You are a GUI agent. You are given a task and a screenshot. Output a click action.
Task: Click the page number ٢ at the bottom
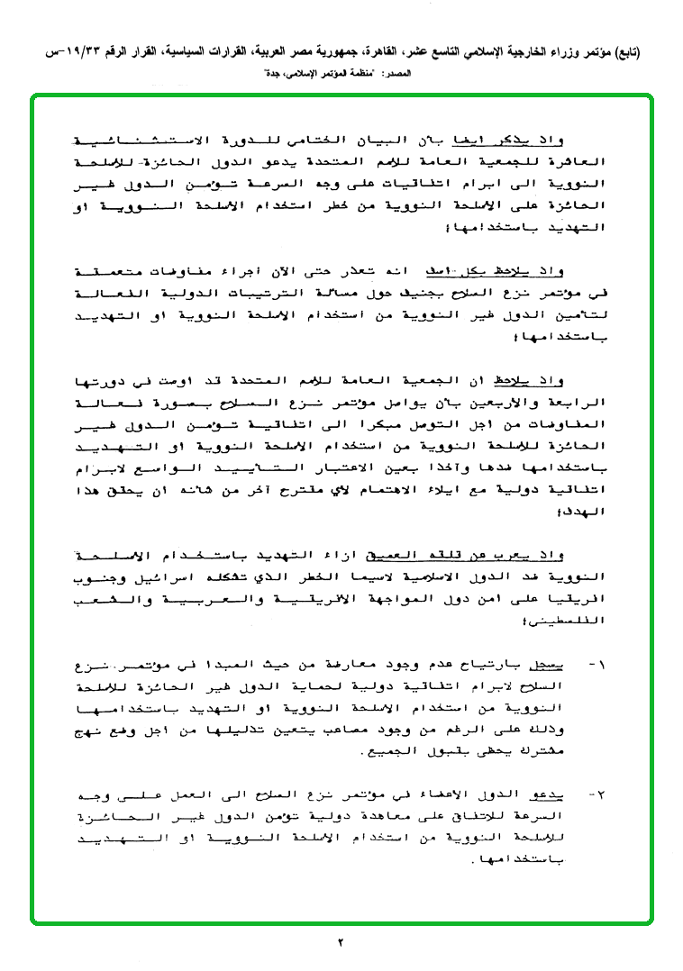341,943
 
